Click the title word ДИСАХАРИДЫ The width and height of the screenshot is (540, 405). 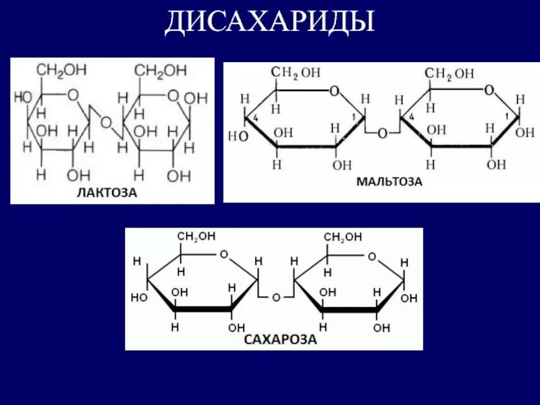270,22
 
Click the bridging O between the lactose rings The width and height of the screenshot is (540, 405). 106,122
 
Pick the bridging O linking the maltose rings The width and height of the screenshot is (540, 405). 382,134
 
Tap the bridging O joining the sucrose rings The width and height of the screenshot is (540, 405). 275,297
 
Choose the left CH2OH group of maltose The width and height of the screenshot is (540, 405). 296,72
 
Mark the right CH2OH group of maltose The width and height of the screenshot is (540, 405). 449,73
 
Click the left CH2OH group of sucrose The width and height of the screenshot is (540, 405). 196,236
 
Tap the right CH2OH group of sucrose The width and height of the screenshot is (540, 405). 343,237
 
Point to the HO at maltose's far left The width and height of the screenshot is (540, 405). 238,136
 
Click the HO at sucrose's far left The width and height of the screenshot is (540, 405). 139,297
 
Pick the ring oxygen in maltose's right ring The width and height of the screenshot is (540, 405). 489,90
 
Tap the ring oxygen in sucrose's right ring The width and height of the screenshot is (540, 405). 371,256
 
